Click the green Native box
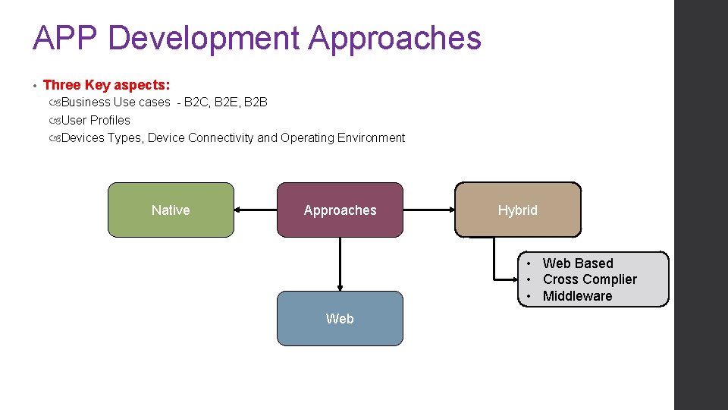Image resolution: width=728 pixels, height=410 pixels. pos(171,210)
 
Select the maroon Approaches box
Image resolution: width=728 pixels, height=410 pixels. pos(340,210)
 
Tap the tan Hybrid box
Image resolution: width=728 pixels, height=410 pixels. pos(518,210)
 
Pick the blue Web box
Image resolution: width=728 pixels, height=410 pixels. pos(340,319)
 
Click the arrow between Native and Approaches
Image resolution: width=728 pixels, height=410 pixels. pos(256,210)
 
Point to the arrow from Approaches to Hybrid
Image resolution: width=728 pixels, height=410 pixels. pos(428,210)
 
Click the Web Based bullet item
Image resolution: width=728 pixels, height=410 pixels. pos(578,263)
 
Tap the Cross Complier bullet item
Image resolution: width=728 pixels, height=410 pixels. pos(589,279)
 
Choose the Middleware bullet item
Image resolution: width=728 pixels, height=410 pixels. pos(577,296)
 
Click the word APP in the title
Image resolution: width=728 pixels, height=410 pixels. pos(63,38)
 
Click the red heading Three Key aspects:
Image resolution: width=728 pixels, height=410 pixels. pos(106,85)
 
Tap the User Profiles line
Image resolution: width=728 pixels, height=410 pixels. pos(96,120)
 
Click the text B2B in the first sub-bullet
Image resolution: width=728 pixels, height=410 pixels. pos(256,102)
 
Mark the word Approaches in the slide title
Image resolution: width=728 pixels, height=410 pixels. pos(395,38)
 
